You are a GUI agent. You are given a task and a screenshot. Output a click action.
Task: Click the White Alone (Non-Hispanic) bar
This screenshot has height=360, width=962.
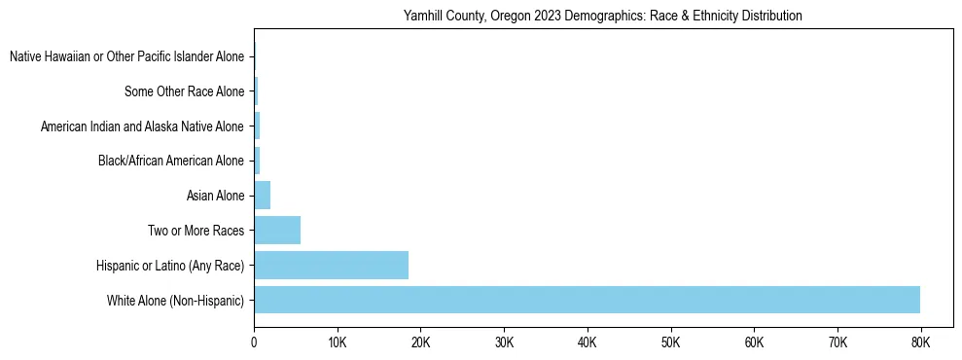pyautogui.click(x=587, y=300)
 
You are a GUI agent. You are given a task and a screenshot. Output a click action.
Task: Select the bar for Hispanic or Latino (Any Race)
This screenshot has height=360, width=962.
pyautogui.click(x=331, y=265)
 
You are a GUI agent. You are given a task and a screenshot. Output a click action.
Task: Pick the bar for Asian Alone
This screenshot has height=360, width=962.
pyautogui.click(x=263, y=196)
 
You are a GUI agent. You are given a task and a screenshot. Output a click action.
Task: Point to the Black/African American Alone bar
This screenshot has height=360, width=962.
pyautogui.click(x=257, y=161)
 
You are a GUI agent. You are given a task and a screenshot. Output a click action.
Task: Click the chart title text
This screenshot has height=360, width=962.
pyautogui.click(x=602, y=16)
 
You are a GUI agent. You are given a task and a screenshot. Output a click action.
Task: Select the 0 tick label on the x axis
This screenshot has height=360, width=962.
pyautogui.click(x=254, y=342)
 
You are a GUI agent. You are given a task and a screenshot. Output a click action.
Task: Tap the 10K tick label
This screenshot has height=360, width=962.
pyautogui.click(x=338, y=342)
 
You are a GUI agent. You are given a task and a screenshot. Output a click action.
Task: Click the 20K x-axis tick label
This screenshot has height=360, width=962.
pyautogui.click(x=420, y=342)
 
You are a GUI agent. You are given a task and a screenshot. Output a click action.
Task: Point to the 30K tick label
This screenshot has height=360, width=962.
pyautogui.click(x=504, y=342)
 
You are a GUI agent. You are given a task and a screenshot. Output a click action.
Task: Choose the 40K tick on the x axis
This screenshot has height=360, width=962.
pyautogui.click(x=588, y=342)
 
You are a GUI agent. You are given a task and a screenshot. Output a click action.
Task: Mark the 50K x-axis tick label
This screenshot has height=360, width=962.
pyautogui.click(x=670, y=342)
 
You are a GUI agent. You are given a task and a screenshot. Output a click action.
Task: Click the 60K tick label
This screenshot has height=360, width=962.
pyautogui.click(x=754, y=342)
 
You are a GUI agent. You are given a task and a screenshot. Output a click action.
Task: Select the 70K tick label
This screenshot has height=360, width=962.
pyautogui.click(x=837, y=342)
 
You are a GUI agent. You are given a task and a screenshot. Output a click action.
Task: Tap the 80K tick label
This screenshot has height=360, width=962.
pyautogui.click(x=920, y=342)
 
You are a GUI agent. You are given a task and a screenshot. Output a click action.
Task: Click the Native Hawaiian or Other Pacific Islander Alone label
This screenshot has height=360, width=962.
pyautogui.click(x=126, y=57)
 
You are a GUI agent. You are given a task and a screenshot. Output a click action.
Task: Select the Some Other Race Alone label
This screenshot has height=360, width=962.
pyautogui.click(x=185, y=92)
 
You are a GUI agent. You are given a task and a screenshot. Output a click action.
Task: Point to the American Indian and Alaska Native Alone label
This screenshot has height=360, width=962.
pyautogui.click(x=142, y=126)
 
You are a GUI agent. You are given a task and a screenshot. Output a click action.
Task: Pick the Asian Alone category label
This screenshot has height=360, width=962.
pyautogui.click(x=215, y=197)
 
